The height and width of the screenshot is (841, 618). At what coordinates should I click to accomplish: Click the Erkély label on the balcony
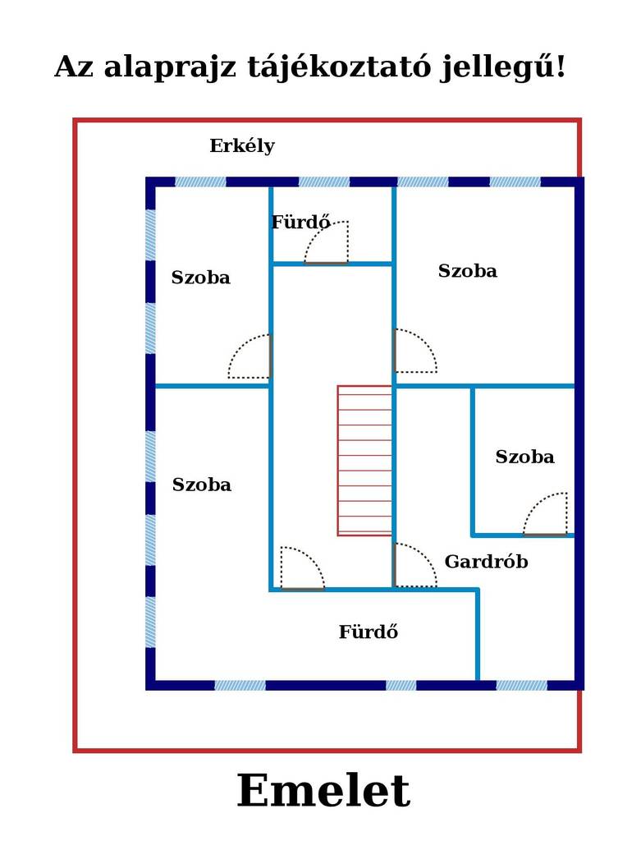[242, 146]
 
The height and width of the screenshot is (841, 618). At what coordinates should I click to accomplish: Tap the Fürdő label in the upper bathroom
[300, 222]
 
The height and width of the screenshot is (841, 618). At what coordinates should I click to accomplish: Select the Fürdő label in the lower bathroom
[369, 632]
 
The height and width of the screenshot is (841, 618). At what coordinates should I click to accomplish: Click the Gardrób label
[486, 562]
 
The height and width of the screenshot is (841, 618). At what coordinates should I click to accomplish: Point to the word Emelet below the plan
[323, 791]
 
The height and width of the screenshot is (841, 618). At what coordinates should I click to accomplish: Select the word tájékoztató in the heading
[339, 68]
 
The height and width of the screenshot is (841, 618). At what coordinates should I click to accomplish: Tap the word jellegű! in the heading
[503, 68]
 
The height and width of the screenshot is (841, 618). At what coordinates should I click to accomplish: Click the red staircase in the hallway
[365, 461]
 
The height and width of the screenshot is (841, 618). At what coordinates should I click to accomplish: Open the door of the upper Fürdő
[327, 242]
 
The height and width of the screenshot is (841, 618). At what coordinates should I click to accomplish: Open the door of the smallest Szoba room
[545, 514]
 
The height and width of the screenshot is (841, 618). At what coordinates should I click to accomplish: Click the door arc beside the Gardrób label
[415, 565]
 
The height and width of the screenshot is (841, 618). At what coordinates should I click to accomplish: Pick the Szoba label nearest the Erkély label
[200, 278]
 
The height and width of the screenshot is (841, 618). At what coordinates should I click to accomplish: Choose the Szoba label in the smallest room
[524, 457]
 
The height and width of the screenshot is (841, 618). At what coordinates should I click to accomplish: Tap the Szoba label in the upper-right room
[467, 271]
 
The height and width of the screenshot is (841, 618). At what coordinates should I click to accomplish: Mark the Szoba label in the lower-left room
[202, 485]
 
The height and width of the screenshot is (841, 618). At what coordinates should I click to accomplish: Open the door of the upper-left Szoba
[249, 356]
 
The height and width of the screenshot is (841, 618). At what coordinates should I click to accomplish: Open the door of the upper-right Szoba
[415, 351]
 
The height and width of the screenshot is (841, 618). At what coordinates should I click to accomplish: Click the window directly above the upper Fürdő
[323, 182]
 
